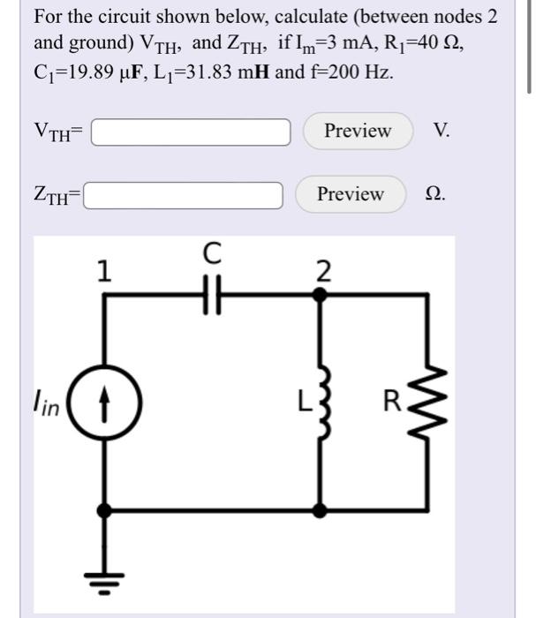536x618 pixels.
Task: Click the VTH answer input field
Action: click(191, 132)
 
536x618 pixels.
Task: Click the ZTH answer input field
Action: click(184, 194)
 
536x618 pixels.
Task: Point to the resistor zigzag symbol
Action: click(429, 403)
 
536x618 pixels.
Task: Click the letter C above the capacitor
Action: click(210, 255)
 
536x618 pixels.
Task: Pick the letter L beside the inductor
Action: click(301, 405)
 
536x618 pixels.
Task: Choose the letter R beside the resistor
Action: click(392, 405)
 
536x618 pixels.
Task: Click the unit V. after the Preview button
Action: click(442, 132)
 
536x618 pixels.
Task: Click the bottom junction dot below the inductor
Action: click(322, 510)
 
